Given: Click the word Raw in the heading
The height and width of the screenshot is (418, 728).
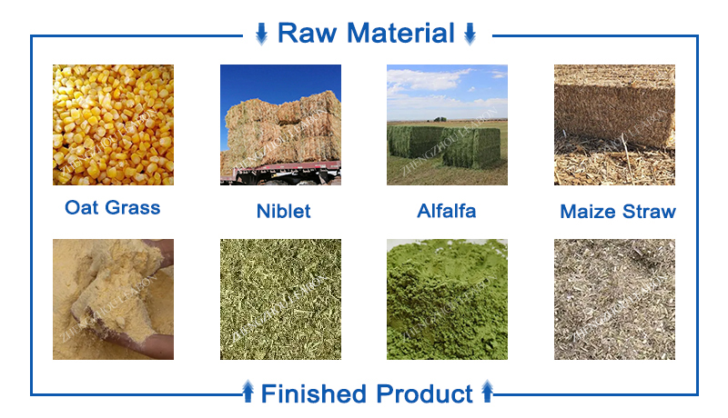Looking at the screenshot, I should [307, 34].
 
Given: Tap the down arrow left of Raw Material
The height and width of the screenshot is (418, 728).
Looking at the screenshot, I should [261, 35].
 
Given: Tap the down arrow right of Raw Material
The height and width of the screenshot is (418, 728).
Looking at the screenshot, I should [470, 35].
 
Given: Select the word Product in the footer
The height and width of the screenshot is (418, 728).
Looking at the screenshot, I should [422, 393].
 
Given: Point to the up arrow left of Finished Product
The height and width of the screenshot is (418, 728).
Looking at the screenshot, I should [248, 393].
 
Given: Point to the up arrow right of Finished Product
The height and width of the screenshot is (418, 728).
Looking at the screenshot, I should [487, 393].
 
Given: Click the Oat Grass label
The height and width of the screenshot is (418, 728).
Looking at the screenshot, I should [112, 207].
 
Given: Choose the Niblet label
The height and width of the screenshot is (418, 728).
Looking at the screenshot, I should [283, 211].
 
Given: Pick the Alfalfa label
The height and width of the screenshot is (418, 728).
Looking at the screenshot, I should [446, 211].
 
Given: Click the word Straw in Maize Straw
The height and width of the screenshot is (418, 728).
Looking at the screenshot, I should [649, 212].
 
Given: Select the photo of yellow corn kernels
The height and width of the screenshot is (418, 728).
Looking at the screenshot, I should [112, 124].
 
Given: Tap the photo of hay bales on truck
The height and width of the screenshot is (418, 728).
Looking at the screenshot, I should [280, 124].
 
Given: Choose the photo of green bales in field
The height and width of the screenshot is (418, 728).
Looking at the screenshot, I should [446, 124].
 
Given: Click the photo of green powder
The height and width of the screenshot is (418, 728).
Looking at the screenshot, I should [446, 299].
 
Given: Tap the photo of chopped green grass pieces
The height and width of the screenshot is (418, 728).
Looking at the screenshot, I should [280, 299].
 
